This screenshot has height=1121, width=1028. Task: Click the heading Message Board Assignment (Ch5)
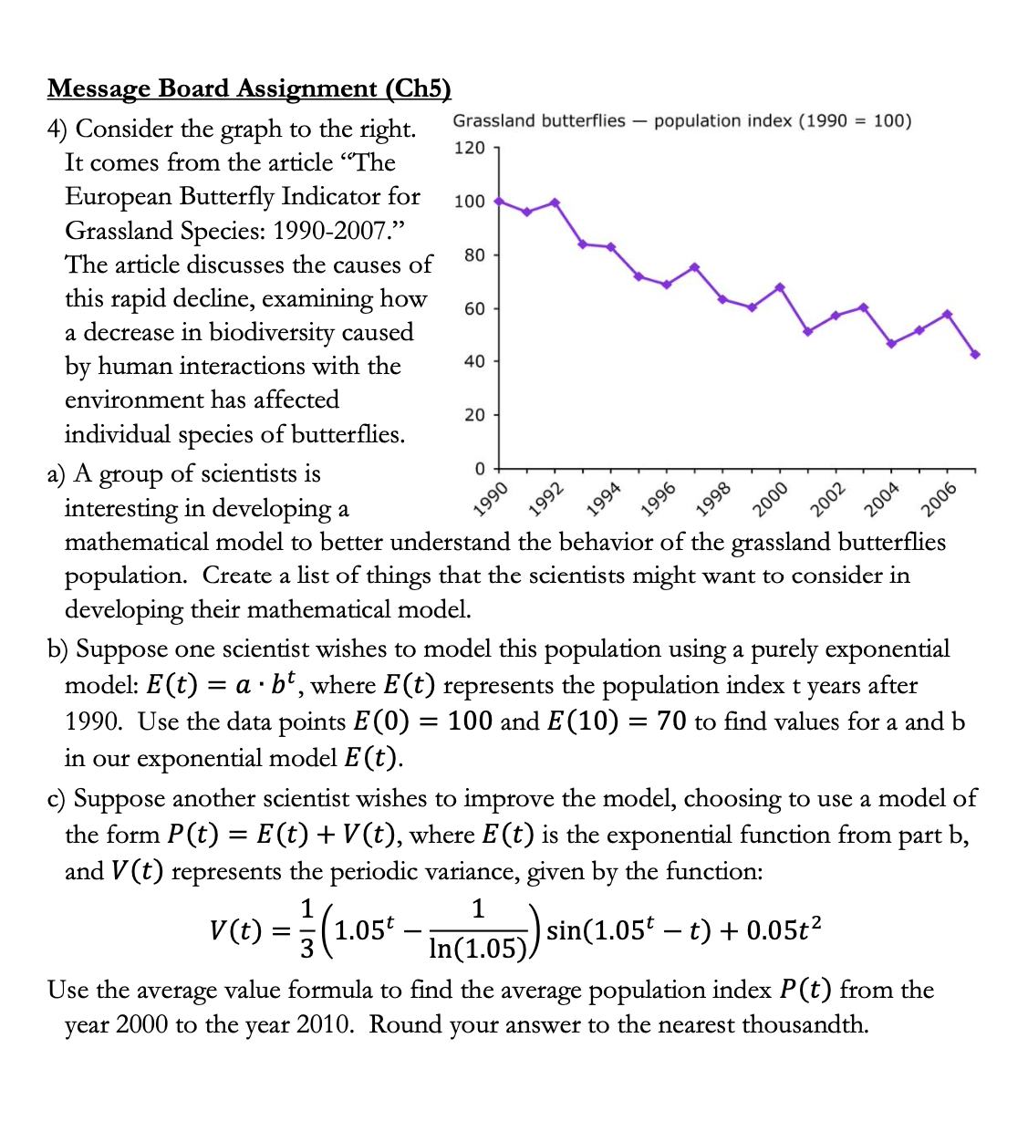pos(249,88)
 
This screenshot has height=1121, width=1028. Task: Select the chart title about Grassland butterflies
pos(681,121)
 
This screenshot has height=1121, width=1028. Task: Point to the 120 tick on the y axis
pos(470,148)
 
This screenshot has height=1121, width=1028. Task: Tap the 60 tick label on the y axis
pos(474,308)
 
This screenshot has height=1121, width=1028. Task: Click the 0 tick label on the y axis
pos(480,469)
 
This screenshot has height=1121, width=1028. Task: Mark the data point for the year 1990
pos(498,201)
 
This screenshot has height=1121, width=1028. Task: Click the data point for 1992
pos(555,202)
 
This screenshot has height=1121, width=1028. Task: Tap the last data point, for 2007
pos(975,354)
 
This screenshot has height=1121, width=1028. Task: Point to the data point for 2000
pos(780,287)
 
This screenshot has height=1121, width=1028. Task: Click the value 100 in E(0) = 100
pos(471,721)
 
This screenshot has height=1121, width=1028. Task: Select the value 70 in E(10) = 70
pos(671,721)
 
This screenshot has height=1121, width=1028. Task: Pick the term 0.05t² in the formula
pos(784,930)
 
